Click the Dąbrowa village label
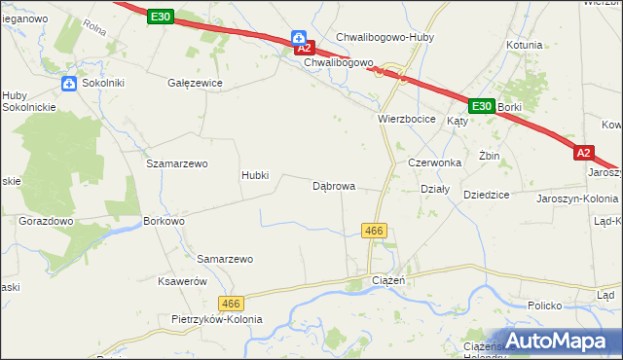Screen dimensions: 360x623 point(333,185)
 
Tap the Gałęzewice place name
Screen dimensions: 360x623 point(195,84)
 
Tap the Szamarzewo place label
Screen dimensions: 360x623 point(177,163)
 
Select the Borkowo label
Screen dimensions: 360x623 point(164,221)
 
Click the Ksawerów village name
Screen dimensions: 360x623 point(183,280)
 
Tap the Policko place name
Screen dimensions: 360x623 point(545,306)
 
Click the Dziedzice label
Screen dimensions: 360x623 point(487,195)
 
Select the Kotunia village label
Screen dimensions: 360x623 point(524,45)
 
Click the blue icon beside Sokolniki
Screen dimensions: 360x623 point(69,84)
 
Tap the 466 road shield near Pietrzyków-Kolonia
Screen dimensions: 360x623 point(231,304)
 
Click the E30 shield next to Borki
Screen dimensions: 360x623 point(481,106)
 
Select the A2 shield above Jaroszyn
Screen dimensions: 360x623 point(583,153)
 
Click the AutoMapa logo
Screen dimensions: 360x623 point(559,340)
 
